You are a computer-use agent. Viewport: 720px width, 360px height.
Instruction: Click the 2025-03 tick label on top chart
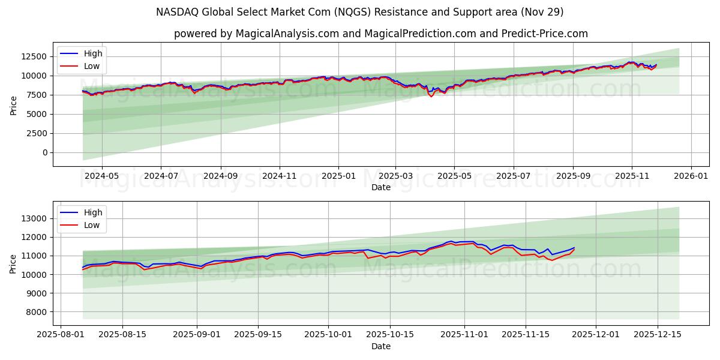pyautogui.click(x=395, y=176)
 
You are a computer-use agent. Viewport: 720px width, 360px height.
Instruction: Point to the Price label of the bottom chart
pyautogui.click(x=14, y=263)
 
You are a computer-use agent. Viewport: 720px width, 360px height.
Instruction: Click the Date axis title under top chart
pyautogui.click(x=381, y=187)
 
